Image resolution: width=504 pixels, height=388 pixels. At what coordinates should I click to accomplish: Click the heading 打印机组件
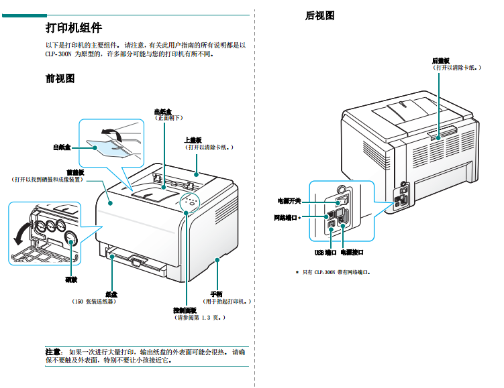(74, 28)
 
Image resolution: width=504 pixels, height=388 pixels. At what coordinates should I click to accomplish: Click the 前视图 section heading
(60, 78)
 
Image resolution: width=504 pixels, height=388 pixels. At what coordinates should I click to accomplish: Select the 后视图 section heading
(320, 15)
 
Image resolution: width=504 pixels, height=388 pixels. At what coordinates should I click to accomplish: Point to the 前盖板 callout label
(75, 172)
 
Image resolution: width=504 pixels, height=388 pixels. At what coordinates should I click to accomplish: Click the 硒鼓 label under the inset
(70, 279)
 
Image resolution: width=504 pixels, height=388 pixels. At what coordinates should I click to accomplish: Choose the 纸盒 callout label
(111, 294)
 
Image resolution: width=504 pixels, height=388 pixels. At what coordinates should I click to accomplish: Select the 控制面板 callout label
(185, 310)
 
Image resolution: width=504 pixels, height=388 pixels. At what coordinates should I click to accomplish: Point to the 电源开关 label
(289, 200)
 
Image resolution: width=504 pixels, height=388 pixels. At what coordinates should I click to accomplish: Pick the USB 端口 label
(325, 253)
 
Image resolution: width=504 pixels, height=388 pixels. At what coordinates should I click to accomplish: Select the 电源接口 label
(352, 253)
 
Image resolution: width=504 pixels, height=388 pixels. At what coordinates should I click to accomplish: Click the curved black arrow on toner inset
(20, 234)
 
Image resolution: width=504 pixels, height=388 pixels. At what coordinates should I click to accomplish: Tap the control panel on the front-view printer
(191, 202)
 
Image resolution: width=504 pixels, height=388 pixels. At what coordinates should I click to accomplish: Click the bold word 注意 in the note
(54, 351)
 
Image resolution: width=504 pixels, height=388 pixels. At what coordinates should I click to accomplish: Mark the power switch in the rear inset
(341, 199)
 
